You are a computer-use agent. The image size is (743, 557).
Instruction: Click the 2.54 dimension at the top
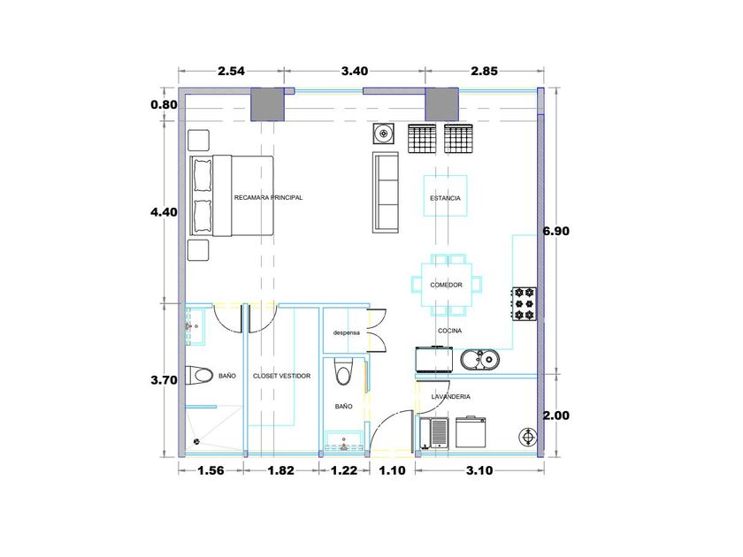click(231, 71)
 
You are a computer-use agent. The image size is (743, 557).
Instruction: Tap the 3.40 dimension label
click(355, 71)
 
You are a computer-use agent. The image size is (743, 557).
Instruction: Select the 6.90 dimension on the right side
click(555, 231)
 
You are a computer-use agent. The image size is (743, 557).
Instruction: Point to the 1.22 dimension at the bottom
click(344, 470)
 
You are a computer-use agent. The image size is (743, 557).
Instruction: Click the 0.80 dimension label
click(164, 104)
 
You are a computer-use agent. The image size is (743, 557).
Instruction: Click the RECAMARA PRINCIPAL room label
click(268, 197)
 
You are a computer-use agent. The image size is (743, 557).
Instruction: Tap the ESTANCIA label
click(445, 198)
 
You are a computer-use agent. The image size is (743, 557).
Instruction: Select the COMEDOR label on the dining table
click(446, 285)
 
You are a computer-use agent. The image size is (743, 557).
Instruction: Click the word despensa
click(347, 333)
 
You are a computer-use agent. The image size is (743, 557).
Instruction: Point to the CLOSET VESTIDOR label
click(281, 376)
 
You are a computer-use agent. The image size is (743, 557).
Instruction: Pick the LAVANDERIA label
click(450, 396)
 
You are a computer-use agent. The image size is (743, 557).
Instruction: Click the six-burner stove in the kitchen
click(524, 303)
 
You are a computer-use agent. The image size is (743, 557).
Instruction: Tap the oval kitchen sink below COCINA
click(479, 360)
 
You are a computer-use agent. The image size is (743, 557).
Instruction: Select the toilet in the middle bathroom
click(343, 372)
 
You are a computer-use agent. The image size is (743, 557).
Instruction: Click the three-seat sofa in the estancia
click(386, 193)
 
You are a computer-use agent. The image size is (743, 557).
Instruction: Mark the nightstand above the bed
click(198, 141)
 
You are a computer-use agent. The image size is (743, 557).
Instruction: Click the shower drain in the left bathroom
click(196, 442)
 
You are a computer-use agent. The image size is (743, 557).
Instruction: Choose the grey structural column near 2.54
click(267, 104)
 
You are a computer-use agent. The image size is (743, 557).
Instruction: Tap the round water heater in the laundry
click(527, 437)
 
